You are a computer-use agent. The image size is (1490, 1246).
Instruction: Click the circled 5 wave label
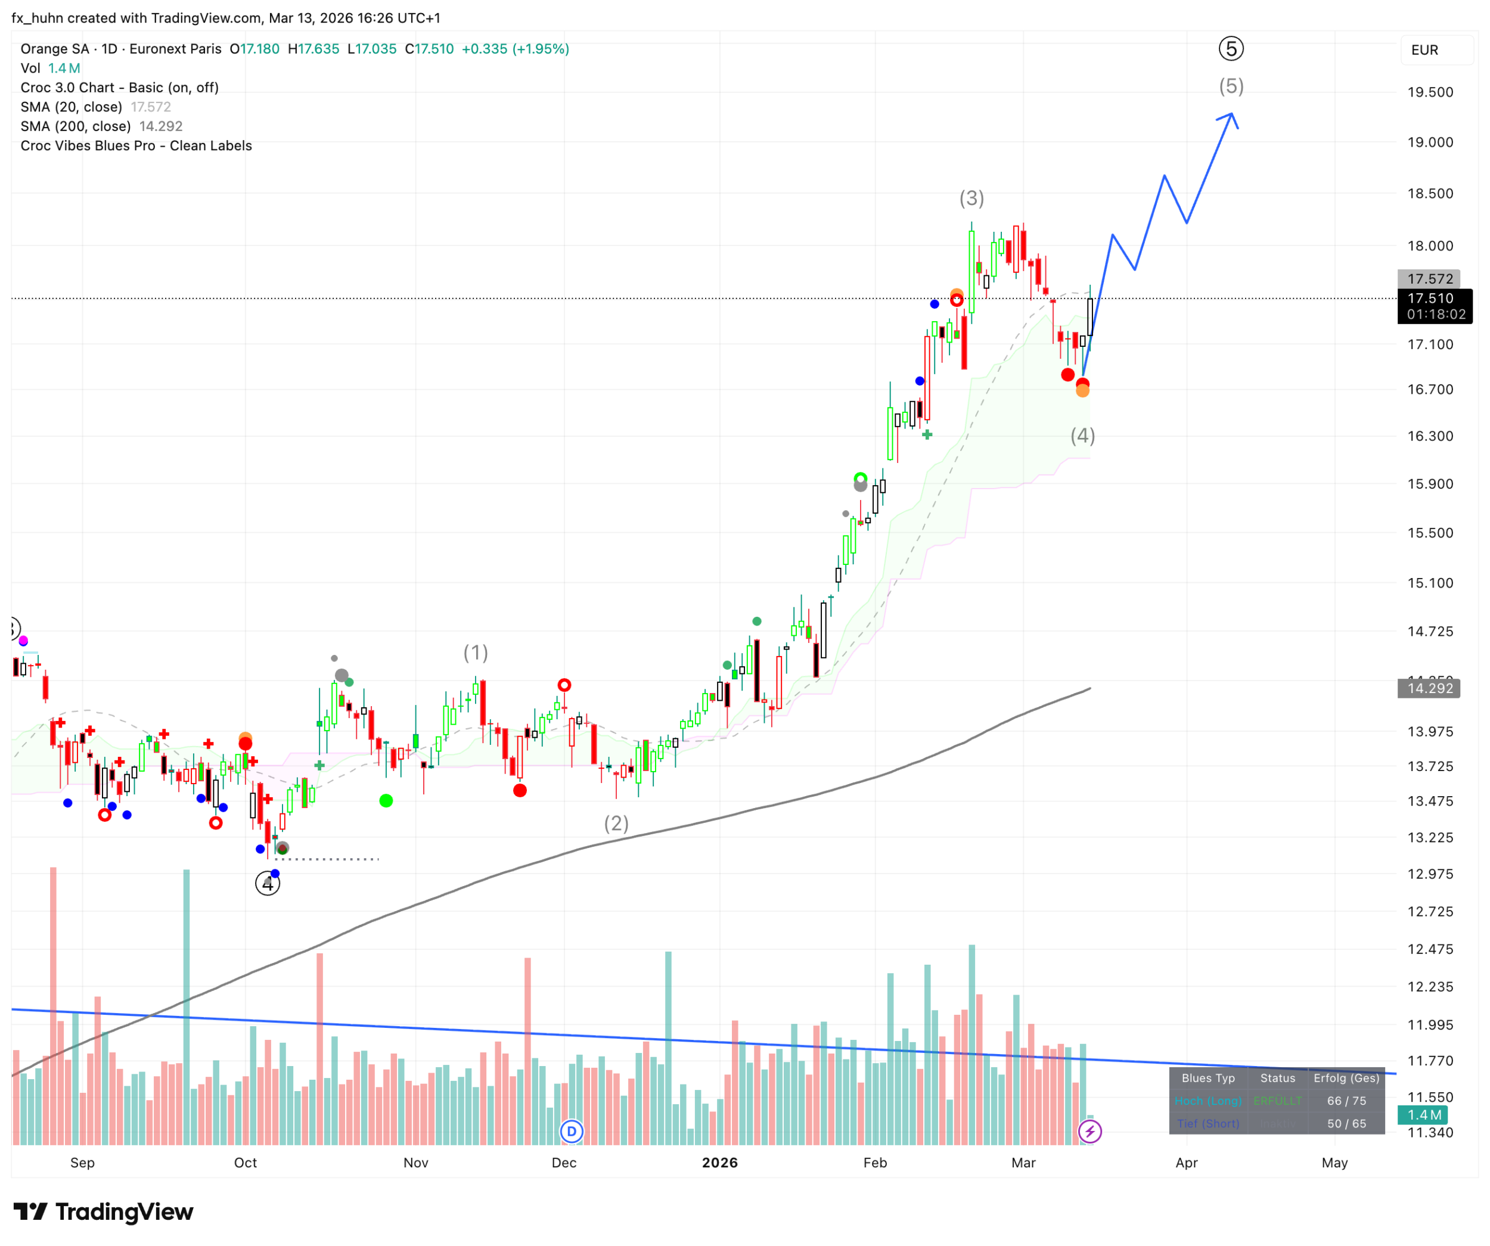pos(1231,49)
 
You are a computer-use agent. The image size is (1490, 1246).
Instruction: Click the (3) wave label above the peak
pos(971,198)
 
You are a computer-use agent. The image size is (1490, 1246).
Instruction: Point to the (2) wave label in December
pos(616,823)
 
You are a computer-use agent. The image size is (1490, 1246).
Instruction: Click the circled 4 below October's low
pos(268,884)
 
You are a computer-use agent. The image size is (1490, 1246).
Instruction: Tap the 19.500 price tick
pos(1430,92)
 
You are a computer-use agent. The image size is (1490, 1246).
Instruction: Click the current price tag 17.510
pos(1430,299)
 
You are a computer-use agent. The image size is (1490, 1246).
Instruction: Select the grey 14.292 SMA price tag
pos(1429,688)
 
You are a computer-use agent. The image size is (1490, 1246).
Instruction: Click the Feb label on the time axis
pos(875,1162)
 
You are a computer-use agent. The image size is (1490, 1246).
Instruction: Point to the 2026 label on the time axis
pos(719,1162)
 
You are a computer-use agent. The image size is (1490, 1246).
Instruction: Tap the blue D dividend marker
pos(571,1131)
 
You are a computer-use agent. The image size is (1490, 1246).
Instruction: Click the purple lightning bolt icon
pos(1090,1131)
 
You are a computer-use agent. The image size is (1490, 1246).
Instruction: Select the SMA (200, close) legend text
pos(76,126)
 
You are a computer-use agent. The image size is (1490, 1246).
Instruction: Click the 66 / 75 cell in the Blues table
pos(1346,1101)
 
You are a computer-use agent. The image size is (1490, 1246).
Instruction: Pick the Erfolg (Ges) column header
pos(1346,1078)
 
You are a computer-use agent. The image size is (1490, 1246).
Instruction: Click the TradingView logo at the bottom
pos(104,1212)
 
